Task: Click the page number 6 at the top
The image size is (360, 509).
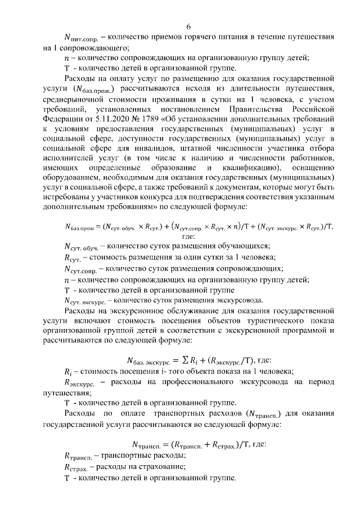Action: tap(188, 27)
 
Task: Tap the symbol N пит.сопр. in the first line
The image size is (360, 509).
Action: tap(81, 39)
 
